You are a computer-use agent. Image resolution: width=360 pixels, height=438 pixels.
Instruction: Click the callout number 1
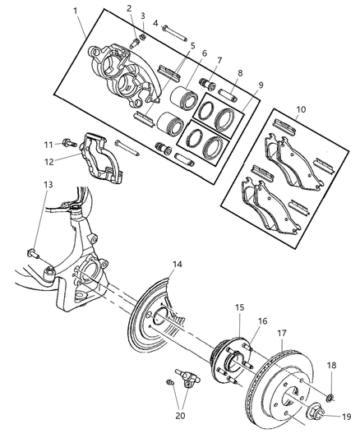(75, 12)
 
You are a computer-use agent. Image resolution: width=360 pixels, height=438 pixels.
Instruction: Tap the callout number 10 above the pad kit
(301, 109)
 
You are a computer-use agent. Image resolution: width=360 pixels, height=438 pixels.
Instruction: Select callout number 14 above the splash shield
(177, 265)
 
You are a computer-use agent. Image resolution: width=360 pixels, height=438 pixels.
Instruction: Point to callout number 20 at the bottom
(180, 415)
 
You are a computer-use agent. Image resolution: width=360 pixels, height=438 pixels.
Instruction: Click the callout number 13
(48, 185)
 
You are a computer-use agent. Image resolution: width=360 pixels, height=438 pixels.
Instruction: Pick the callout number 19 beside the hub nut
(346, 417)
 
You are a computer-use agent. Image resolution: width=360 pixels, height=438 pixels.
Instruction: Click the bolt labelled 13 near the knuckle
(33, 254)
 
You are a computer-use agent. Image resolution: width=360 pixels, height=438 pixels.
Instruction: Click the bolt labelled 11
(70, 142)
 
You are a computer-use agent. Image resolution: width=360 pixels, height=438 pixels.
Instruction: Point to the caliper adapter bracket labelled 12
(103, 159)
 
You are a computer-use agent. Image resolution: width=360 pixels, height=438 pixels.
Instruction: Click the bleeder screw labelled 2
(134, 44)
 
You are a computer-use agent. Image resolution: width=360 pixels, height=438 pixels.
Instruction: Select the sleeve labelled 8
(228, 95)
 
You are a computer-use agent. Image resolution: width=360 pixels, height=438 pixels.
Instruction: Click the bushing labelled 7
(207, 84)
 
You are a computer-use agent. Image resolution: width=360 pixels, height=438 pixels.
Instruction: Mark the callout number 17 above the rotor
(282, 333)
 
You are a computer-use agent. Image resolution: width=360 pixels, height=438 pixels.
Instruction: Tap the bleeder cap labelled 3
(143, 37)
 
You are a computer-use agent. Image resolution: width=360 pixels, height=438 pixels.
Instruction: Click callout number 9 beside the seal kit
(261, 85)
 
